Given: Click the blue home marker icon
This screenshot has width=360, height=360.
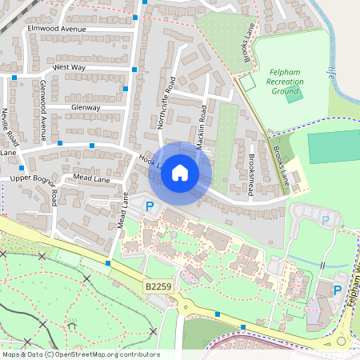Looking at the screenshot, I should click(x=180, y=173).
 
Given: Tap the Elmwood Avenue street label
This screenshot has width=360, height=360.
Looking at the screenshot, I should click(x=56, y=29).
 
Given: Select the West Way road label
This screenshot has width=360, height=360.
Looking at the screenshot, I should click(x=69, y=68).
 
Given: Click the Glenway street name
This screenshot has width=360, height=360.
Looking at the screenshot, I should click(x=86, y=107).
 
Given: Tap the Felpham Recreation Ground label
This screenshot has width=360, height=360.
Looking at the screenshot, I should click(x=286, y=81).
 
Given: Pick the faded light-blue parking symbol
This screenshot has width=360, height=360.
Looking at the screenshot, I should click(x=325, y=219).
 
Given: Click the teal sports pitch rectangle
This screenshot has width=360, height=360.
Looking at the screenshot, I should click(x=333, y=146).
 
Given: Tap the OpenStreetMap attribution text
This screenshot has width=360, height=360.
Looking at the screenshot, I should click(x=80, y=354).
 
